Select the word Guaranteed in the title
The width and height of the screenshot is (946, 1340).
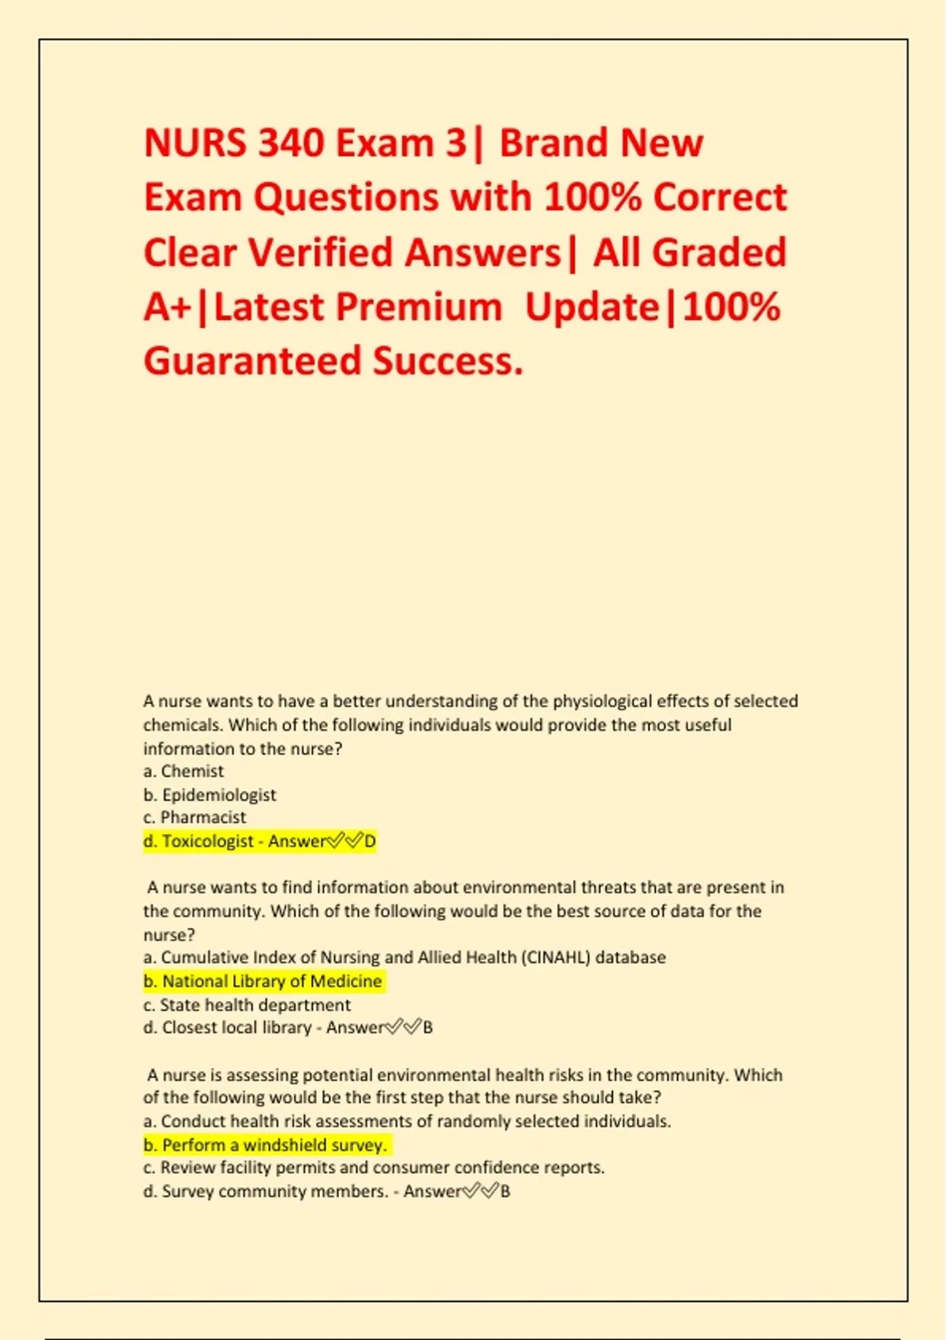point(251,362)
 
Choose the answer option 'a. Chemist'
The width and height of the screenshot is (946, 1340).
point(184,772)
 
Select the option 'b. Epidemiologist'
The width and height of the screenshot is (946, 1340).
point(210,795)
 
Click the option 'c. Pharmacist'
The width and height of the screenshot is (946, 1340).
point(195,817)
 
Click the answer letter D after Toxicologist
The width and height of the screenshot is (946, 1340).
point(370,841)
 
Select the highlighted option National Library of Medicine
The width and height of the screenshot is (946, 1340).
point(263,981)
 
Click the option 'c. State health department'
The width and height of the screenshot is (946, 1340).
point(247,1005)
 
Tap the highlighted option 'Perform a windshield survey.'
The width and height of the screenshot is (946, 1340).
point(266,1145)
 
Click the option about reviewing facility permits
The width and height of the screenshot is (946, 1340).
point(374,1167)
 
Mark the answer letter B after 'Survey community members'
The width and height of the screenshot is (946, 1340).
point(505,1191)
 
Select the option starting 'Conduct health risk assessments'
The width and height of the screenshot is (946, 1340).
point(407,1121)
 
